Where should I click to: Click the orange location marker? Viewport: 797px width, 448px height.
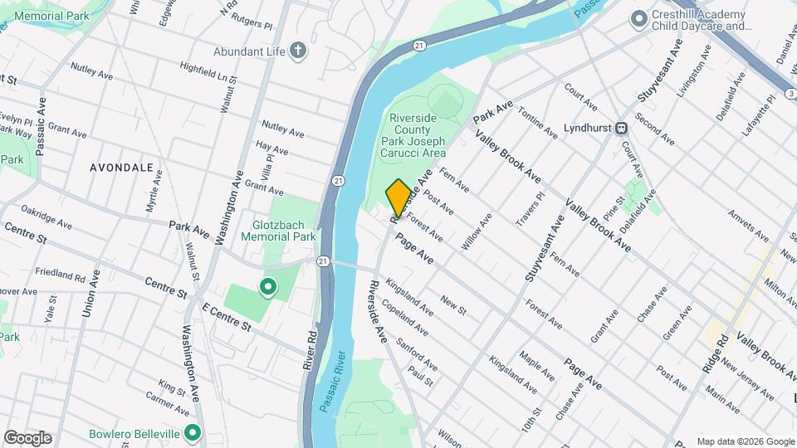[x=398, y=197]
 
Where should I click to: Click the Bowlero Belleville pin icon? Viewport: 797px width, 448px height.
[x=193, y=433]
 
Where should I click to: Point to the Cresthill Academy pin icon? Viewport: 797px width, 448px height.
[x=638, y=18]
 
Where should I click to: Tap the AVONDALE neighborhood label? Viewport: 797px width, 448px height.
[x=122, y=168]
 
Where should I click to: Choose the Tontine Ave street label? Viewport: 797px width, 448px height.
[x=538, y=122]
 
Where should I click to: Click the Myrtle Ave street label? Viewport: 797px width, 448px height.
[x=153, y=199]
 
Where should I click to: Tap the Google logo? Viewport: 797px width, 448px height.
[x=27, y=438]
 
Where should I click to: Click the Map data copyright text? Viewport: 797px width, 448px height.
[x=745, y=441]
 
